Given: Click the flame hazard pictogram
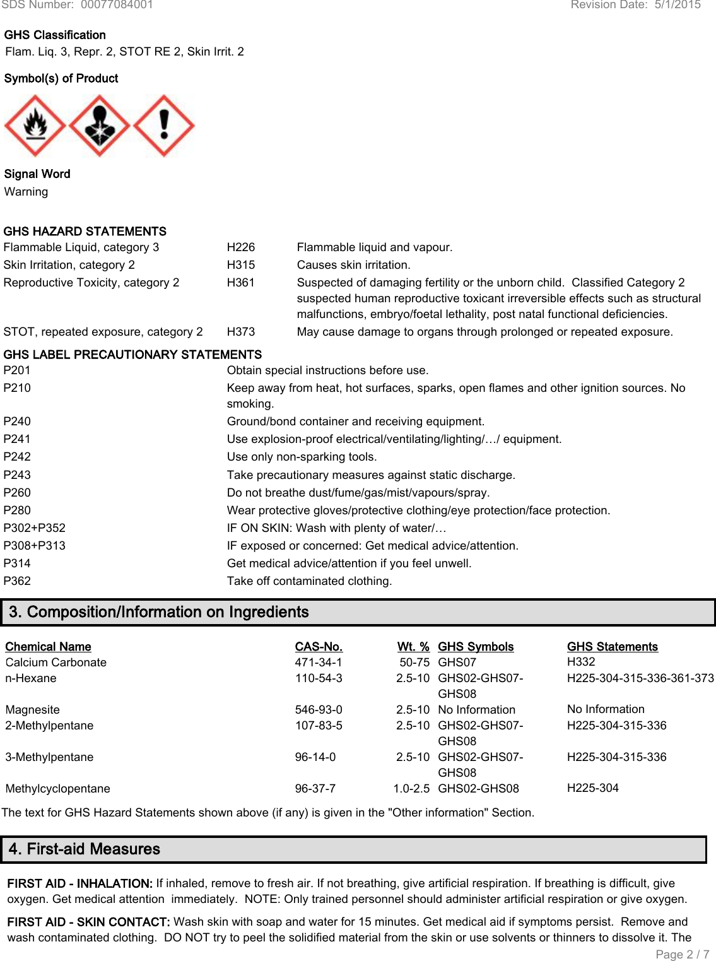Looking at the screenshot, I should coord(35,126).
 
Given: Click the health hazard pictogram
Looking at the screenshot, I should coord(100,126).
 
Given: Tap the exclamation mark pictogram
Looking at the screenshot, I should coord(164,126).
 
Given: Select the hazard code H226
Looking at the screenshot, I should coord(241,247).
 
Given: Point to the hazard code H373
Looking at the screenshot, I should coord(241,332).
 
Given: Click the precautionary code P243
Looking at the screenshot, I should coord(17,475).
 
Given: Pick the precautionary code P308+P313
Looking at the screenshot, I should coord(35,546).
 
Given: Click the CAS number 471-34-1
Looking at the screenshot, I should coord(319,663).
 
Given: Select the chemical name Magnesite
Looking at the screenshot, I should coord(33,710).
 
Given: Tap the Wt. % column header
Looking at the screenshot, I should coord(413,647).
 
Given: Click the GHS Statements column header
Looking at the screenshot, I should coord(612,647).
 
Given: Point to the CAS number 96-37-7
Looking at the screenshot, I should coord(315,789).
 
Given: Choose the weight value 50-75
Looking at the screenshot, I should coord(414,663).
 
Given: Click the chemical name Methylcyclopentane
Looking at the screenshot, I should coord(58,789).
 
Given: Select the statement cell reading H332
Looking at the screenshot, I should coord(581,662).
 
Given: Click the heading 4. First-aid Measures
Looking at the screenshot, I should coord(85,849).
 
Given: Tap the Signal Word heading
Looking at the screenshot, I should coord(37,174).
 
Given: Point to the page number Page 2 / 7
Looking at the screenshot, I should coord(683,954).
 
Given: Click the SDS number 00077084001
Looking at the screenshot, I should coord(117,5).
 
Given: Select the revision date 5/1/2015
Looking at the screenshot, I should coord(678,5).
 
